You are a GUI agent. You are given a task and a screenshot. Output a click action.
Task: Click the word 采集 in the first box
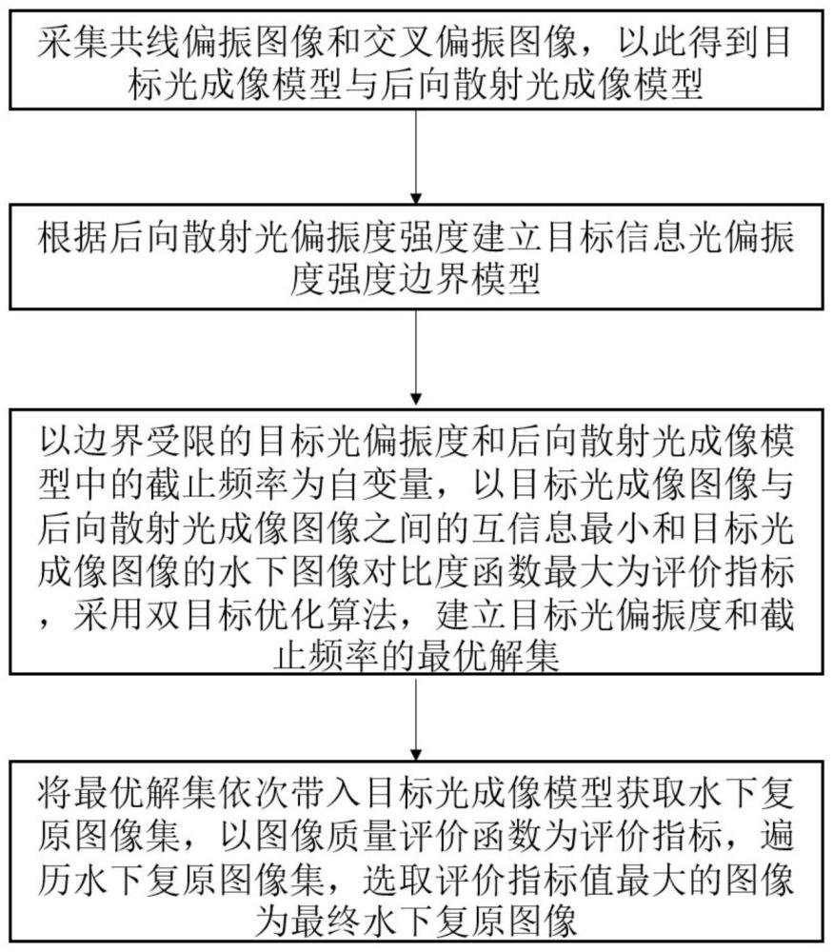[x=73, y=43]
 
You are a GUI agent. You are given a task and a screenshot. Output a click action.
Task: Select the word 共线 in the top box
[x=145, y=43]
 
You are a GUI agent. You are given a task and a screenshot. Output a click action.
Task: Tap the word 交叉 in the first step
[x=398, y=43]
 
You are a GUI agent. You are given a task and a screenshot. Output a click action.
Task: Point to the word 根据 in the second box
[x=73, y=237]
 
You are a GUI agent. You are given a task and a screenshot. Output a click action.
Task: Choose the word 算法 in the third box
[x=362, y=616]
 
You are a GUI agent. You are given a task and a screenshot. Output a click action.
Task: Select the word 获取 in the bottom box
[x=651, y=794]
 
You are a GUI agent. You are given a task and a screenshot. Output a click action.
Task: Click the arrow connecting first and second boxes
[x=416, y=157]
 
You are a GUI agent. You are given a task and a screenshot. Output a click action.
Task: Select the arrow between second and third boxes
[x=416, y=358]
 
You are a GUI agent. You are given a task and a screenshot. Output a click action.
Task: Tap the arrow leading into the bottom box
[x=416, y=717]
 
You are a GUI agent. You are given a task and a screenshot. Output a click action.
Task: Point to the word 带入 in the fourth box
[x=326, y=794]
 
